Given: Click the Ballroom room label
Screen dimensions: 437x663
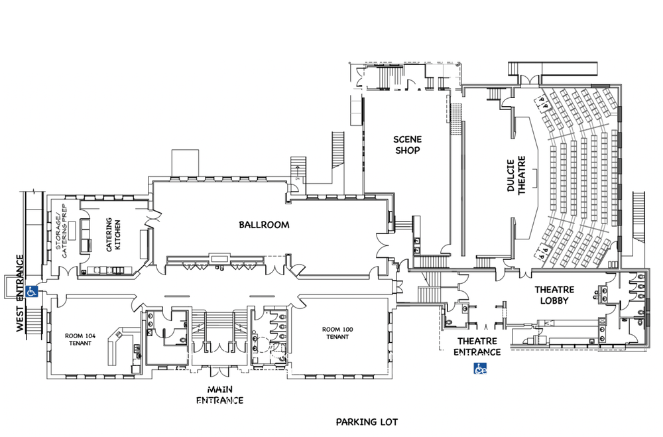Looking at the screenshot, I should coord(264,225).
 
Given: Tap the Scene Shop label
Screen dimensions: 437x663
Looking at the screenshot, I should coord(407,145).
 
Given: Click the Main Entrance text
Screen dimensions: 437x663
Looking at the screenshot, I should coord(218,395).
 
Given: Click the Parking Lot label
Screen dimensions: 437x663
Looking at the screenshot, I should coord(367,422).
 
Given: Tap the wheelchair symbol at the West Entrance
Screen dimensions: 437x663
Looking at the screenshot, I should coord(30,290).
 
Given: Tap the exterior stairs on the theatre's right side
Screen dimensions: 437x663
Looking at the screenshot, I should coord(639,216).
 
